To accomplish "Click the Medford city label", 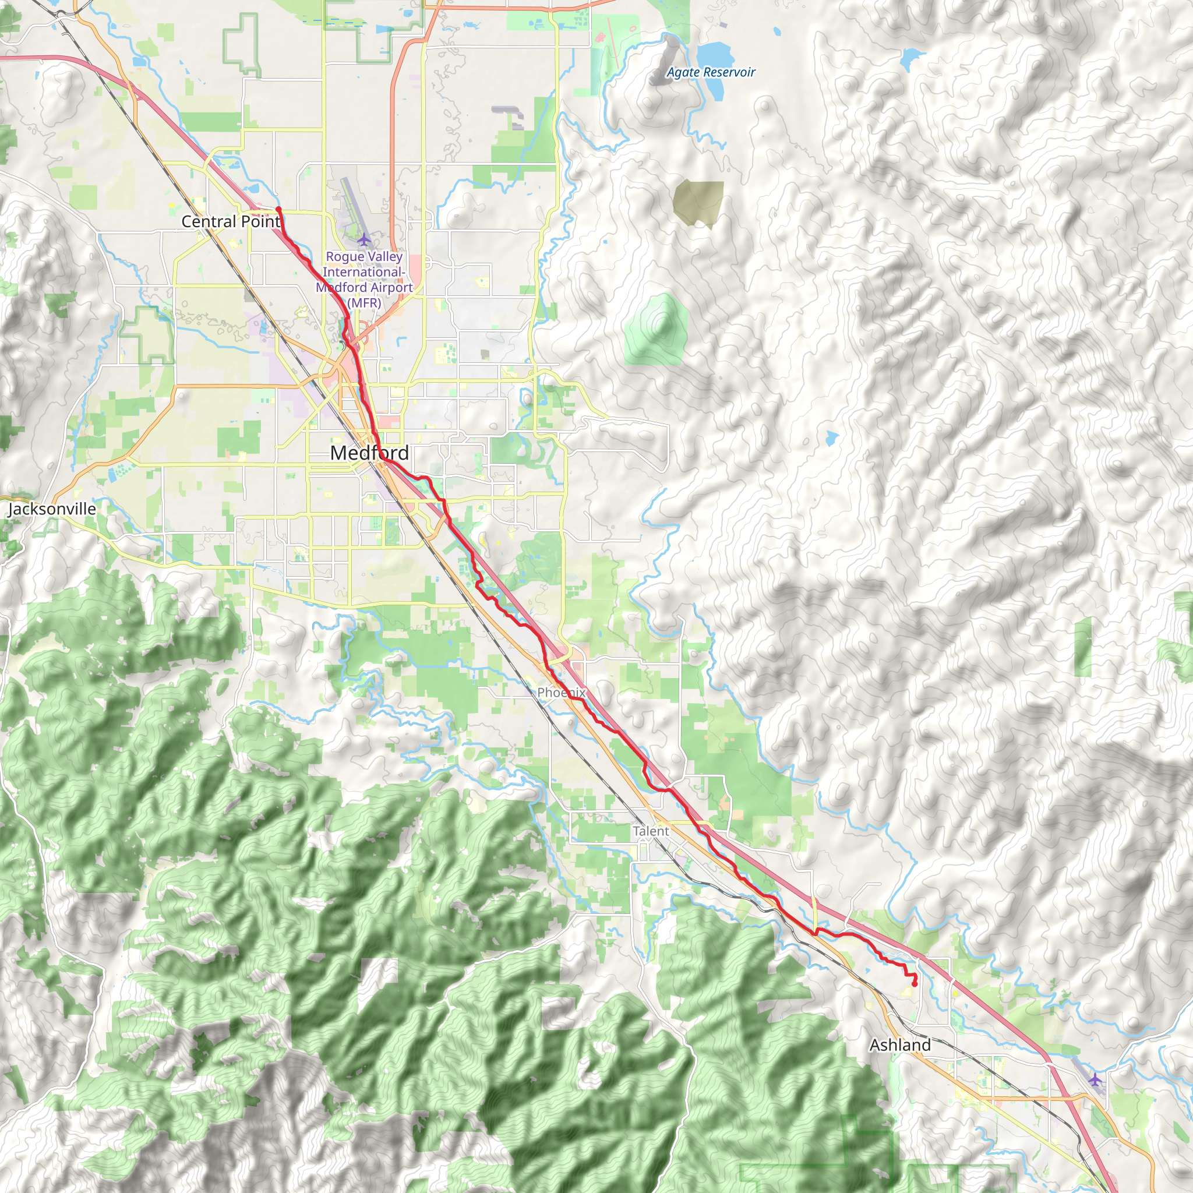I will click(x=369, y=453).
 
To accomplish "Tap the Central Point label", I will click(x=230, y=221).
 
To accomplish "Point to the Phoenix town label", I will click(x=561, y=692).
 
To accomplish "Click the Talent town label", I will click(x=650, y=831).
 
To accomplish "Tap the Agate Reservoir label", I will click(x=711, y=72).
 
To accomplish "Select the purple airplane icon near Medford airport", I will click(x=364, y=239).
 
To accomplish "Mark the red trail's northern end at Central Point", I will click(x=278, y=209).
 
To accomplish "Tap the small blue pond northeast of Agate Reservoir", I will click(x=911, y=59).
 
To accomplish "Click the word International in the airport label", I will click(x=363, y=271).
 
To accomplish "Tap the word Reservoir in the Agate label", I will click(x=732, y=72).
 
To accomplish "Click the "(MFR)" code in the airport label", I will click(x=364, y=302).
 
